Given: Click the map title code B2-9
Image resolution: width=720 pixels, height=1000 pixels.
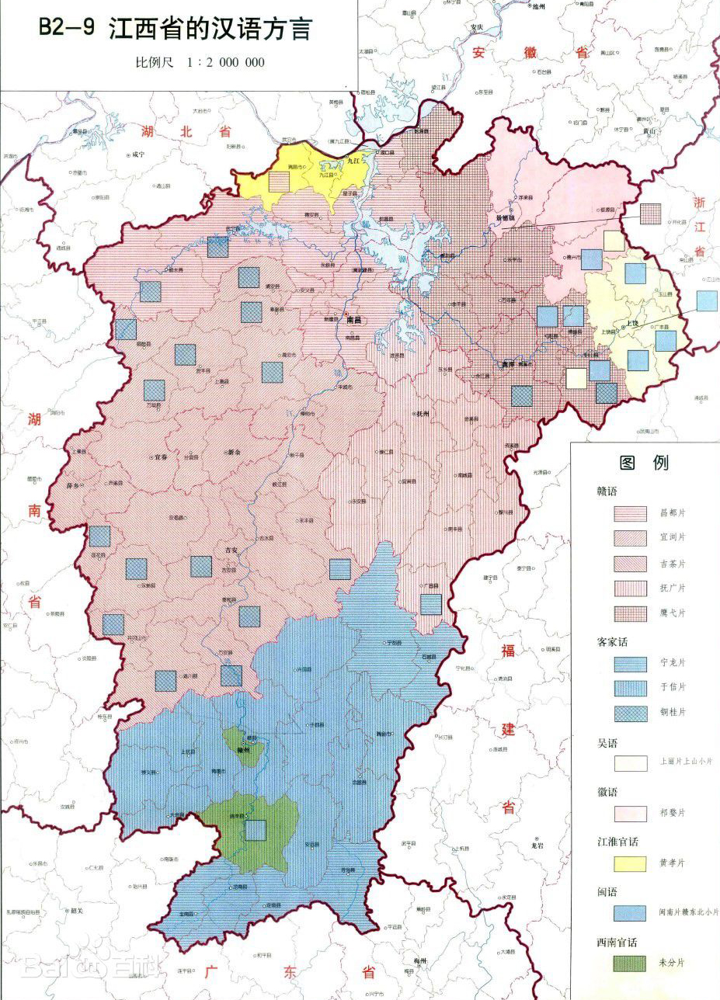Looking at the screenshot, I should point(68,29).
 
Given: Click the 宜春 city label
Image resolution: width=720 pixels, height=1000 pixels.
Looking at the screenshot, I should point(161,457).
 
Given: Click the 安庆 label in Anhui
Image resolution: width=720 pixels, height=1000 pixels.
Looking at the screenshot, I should point(476,29).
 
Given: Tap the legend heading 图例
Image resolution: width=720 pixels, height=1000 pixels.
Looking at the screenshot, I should point(643,464).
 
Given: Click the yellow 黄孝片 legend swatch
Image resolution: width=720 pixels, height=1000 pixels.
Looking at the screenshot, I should point(630,863).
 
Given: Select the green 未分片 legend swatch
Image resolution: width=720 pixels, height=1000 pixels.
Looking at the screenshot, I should point(630,963).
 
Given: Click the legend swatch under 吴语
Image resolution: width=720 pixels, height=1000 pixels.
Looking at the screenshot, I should point(630,763).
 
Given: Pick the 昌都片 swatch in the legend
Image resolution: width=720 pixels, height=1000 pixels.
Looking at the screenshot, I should point(630,513).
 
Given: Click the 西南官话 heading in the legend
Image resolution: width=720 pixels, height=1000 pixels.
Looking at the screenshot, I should point(617,942).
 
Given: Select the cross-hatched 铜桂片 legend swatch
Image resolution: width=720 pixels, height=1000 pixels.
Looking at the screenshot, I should point(630,713).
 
